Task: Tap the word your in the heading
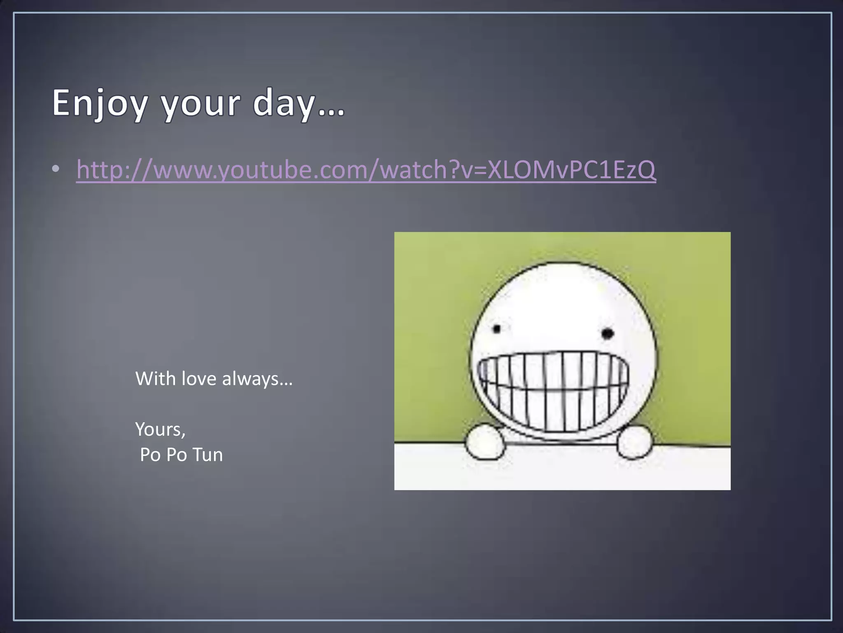click(x=200, y=103)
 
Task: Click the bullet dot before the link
click(x=56, y=169)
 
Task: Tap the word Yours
click(x=158, y=429)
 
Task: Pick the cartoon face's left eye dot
click(x=497, y=329)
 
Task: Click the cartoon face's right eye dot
click(x=608, y=333)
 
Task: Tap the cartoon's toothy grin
click(x=554, y=389)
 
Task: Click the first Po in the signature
click(x=151, y=455)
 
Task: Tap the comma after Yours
click(x=184, y=435)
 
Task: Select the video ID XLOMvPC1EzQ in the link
click(x=571, y=169)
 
